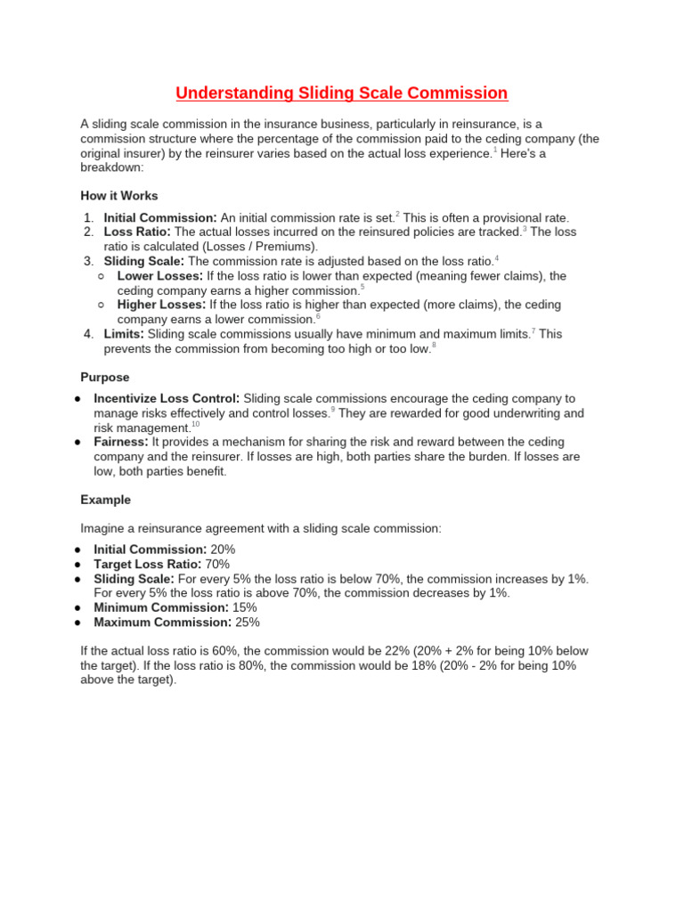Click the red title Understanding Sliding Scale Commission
click(341, 94)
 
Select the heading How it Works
click(118, 196)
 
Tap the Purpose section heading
click(105, 377)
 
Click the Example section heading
click(105, 500)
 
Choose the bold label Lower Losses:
click(159, 276)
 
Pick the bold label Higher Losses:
click(161, 305)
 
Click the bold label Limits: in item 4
click(124, 334)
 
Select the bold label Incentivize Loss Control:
click(167, 398)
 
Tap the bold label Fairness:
click(121, 442)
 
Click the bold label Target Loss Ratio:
click(149, 564)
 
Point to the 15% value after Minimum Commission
click(245, 607)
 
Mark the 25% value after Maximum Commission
click(248, 622)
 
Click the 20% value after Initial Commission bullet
click(223, 550)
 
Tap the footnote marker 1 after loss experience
click(495, 150)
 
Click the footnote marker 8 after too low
click(434, 345)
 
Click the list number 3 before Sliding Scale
click(88, 261)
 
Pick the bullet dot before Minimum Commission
click(78, 607)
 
